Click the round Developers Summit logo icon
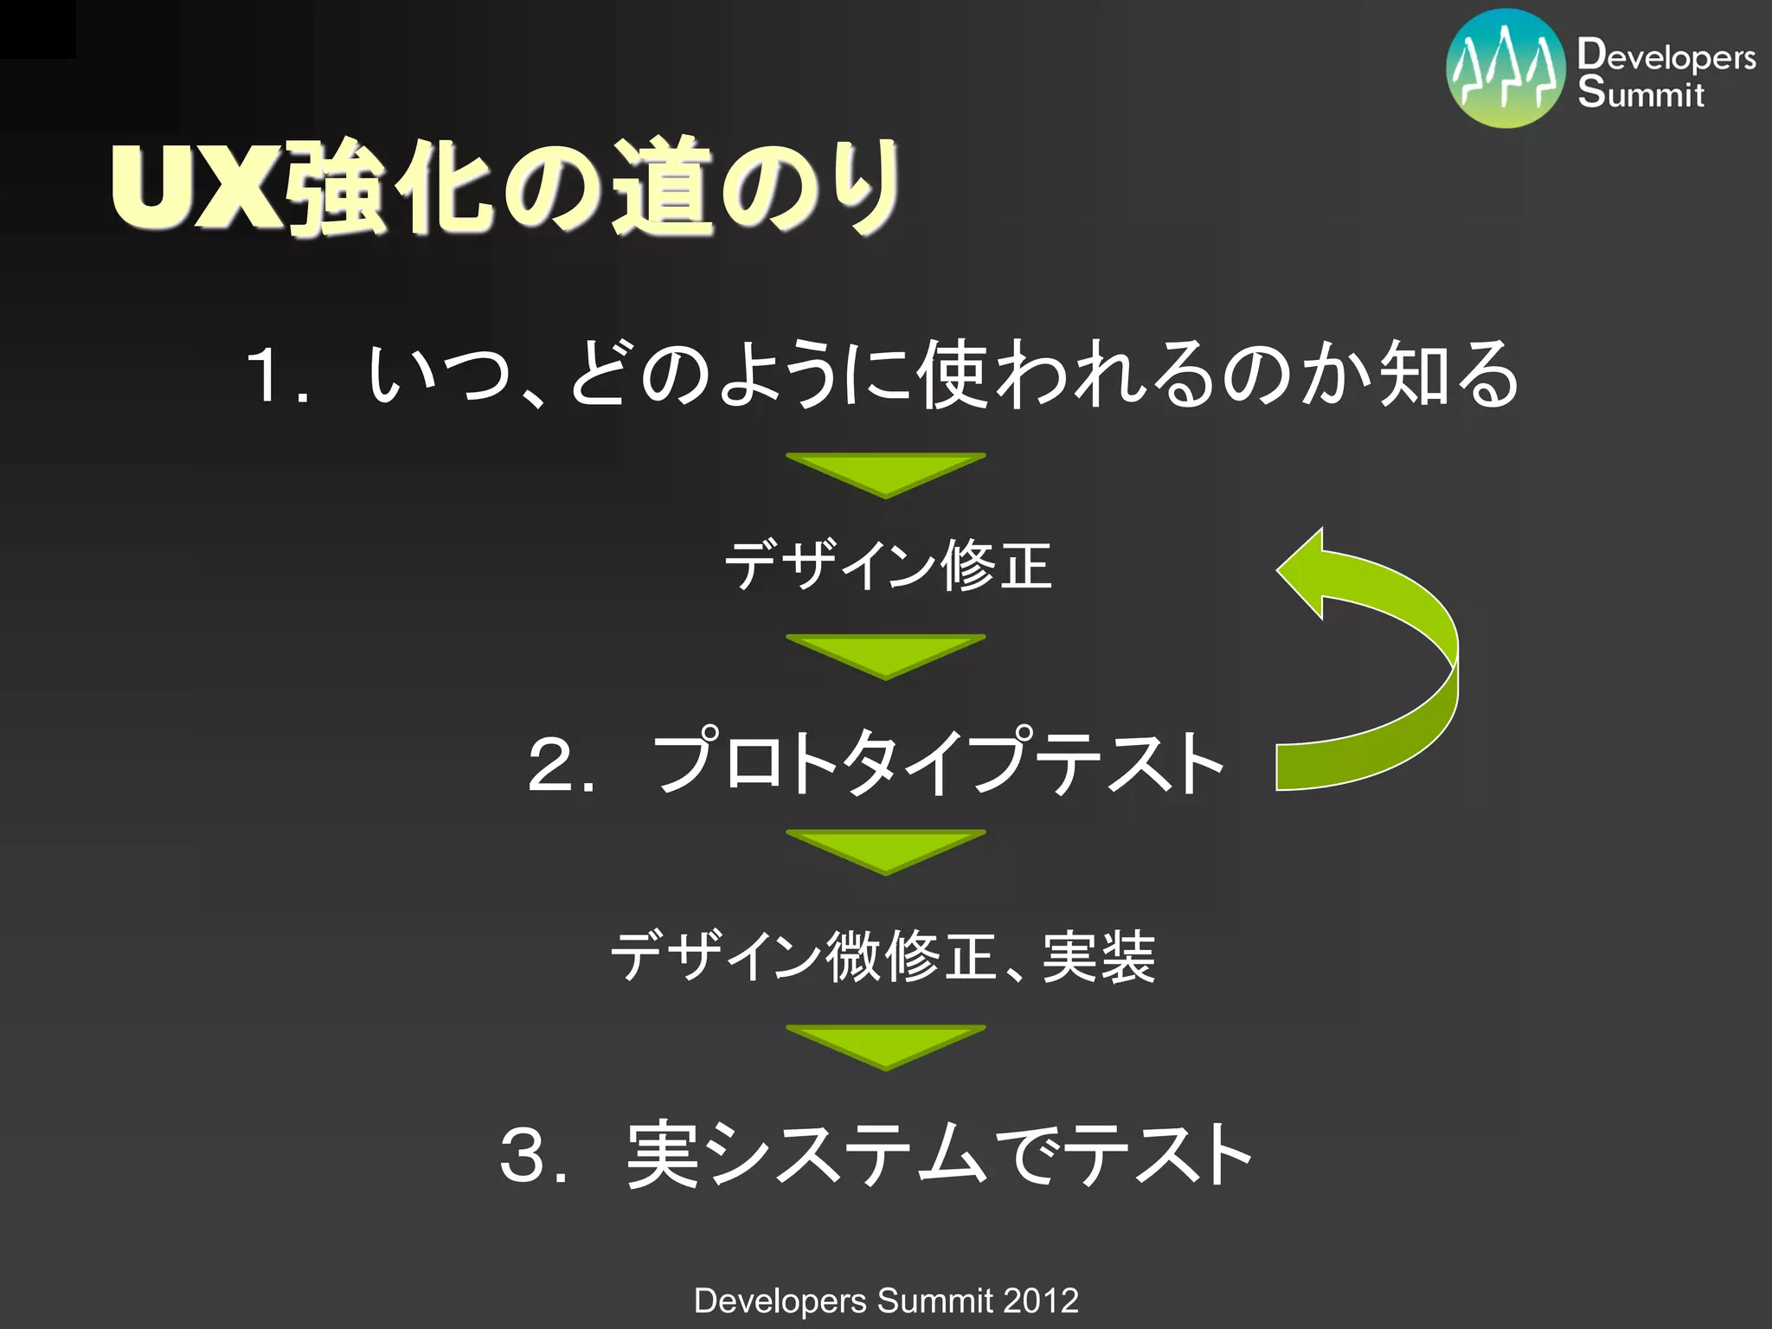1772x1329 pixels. point(1506,69)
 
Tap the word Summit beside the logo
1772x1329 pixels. point(1640,93)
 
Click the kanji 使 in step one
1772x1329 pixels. point(953,374)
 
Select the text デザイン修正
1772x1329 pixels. point(888,566)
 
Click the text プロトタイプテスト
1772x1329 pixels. point(938,761)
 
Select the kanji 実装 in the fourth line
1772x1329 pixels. point(1099,957)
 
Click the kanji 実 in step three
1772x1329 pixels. point(663,1154)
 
